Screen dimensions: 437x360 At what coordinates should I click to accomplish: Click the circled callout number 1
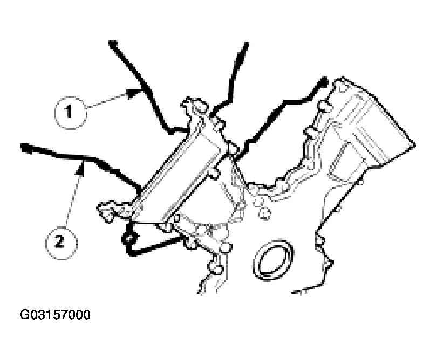coord(70,113)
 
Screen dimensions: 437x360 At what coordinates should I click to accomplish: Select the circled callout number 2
coord(61,243)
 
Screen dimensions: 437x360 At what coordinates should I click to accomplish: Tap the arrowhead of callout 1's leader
coord(134,93)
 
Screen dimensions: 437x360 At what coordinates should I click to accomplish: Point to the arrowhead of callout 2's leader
coord(81,169)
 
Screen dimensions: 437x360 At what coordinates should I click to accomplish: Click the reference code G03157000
coord(55,315)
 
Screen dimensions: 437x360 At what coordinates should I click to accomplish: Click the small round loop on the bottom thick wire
coord(129,238)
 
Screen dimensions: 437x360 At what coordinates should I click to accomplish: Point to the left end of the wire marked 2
coord(24,147)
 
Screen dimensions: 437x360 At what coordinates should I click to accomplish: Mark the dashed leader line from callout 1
coord(107,101)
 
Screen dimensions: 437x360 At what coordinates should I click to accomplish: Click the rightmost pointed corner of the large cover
coord(415,145)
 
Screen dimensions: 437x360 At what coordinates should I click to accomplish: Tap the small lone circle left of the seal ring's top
coord(263,213)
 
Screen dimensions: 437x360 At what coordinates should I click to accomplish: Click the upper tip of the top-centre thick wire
coord(247,44)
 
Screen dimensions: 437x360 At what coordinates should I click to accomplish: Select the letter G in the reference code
coord(24,315)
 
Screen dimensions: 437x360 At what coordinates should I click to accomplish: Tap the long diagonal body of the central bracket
coord(179,170)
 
